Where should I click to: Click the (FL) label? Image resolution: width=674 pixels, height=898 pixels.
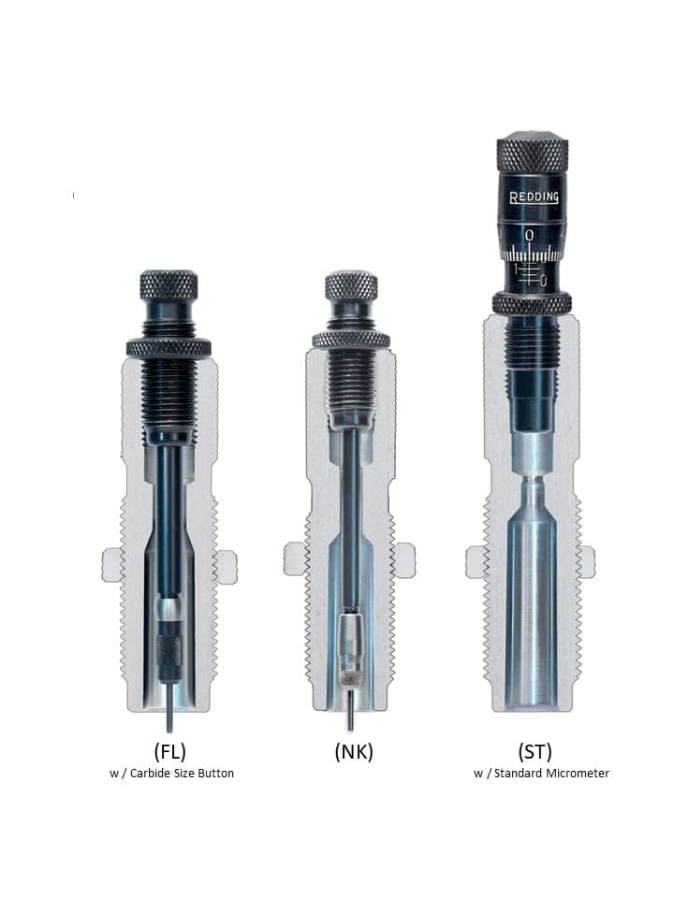coord(170,751)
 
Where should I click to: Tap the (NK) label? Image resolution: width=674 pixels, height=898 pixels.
coord(354,751)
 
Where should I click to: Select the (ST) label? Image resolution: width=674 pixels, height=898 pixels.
coord(535,751)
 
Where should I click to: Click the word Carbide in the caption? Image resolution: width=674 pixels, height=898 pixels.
coord(149,774)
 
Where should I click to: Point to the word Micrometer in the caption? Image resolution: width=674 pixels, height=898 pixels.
coord(578,774)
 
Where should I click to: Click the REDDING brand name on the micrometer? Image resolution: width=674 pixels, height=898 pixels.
coord(535,197)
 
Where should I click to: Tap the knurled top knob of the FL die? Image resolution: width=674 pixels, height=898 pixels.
coord(169,284)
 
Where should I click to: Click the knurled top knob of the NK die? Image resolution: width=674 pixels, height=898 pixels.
coord(351,284)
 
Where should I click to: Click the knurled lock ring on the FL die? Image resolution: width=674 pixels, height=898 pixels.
coord(168,347)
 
